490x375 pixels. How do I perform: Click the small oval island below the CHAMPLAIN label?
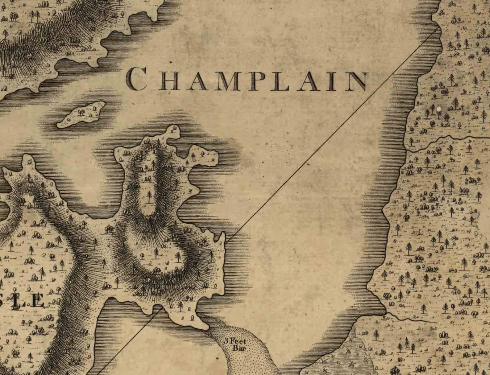tap(81, 114)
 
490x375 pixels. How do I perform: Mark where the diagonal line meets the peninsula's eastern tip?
tap(226, 242)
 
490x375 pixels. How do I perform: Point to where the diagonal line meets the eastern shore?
tap(438, 28)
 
